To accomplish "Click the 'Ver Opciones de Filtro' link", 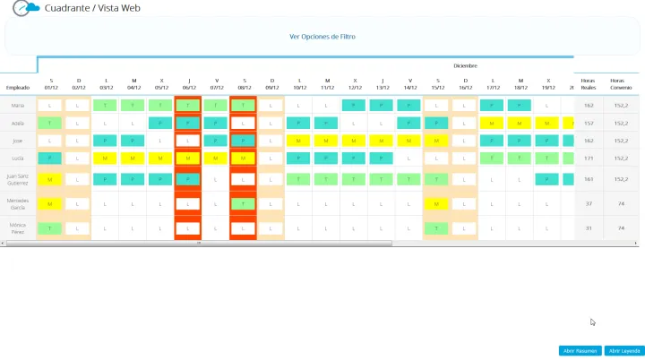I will click(x=322, y=37).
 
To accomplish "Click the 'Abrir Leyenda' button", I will click(x=624, y=350).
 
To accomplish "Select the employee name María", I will click(x=18, y=105).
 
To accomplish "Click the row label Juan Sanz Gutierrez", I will click(x=18, y=179).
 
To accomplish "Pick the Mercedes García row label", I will click(x=18, y=204).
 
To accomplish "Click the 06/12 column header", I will click(x=188, y=83).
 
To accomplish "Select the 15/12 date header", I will click(x=437, y=83).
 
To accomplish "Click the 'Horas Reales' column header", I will click(x=589, y=83).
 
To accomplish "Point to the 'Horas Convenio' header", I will click(x=619, y=83).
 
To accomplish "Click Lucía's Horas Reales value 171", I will click(x=589, y=158).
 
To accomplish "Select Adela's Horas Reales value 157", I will click(x=589, y=123).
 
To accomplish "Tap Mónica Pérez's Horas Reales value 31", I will click(x=589, y=228).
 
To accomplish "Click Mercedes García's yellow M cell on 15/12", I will click(x=436, y=204).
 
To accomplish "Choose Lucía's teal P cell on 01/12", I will click(x=51, y=158).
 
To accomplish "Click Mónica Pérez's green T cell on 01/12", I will click(x=51, y=228).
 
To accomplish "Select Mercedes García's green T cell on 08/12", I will click(x=243, y=204).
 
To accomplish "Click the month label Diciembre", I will click(x=465, y=65).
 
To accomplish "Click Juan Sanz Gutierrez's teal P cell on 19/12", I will click(x=548, y=179).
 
